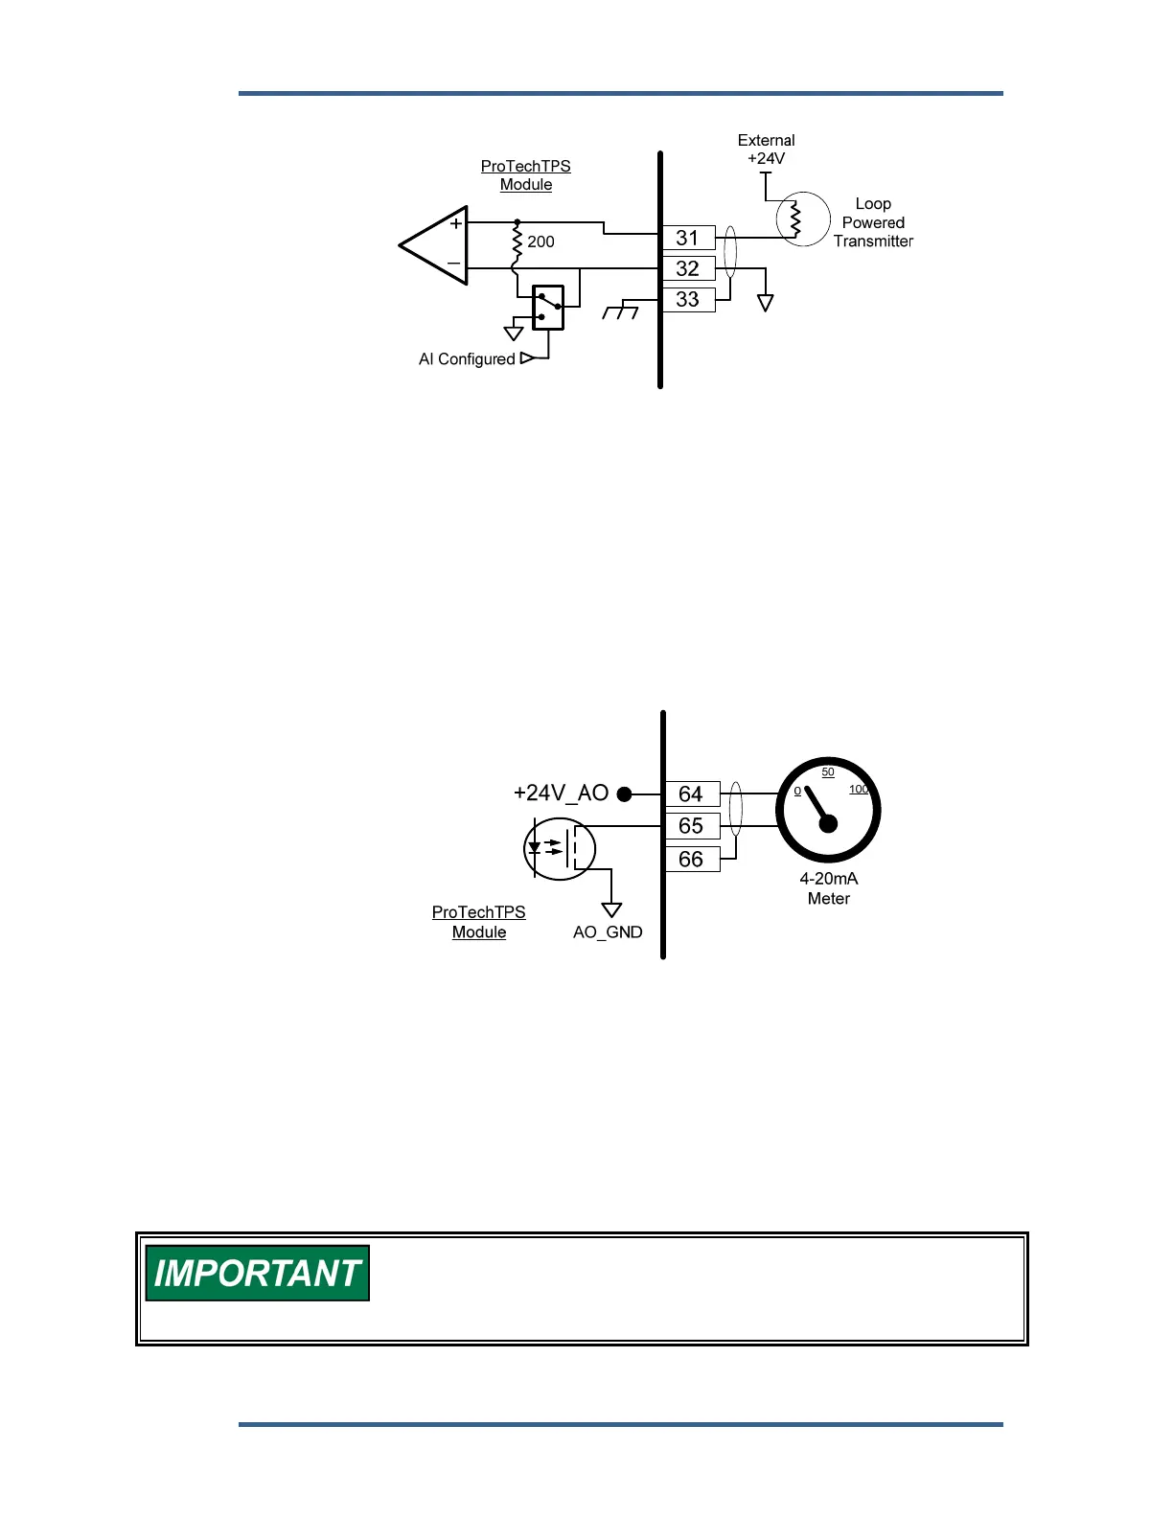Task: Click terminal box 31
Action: coord(688,238)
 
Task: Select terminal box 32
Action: coord(688,268)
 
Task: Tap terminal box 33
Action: coord(688,299)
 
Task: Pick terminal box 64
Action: coord(691,793)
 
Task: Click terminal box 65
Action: coord(691,826)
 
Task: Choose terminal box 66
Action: coord(691,860)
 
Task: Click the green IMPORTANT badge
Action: coord(257,1273)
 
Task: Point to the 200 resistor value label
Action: coord(540,241)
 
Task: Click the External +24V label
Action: coord(766,149)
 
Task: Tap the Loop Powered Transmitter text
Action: coord(872,222)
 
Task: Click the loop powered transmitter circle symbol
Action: coord(802,219)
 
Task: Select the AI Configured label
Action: coord(467,359)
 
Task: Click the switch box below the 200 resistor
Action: coord(548,308)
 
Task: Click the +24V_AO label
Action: coord(561,793)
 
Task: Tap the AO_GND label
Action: coord(608,932)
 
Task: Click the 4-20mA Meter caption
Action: coord(829,888)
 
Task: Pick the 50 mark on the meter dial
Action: coord(828,772)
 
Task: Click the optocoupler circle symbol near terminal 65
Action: coord(560,849)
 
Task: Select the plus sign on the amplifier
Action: coord(456,224)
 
